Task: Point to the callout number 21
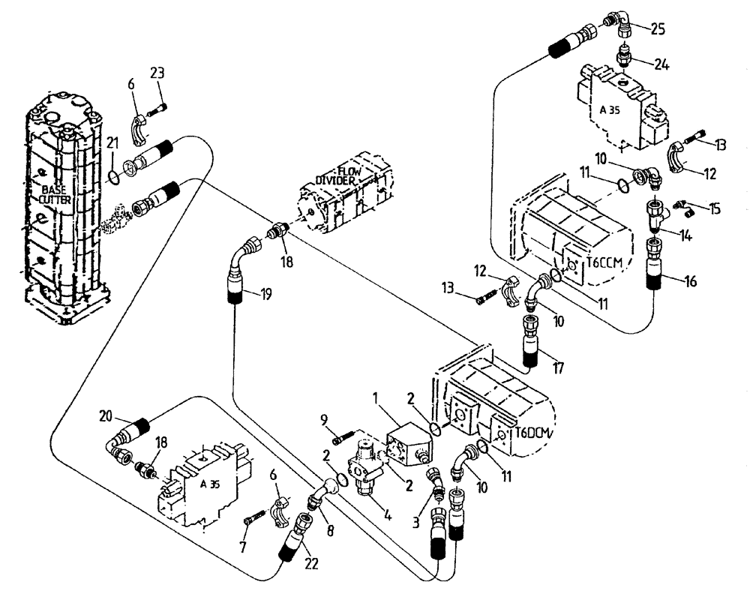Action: (112, 142)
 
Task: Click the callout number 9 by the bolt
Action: (323, 419)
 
